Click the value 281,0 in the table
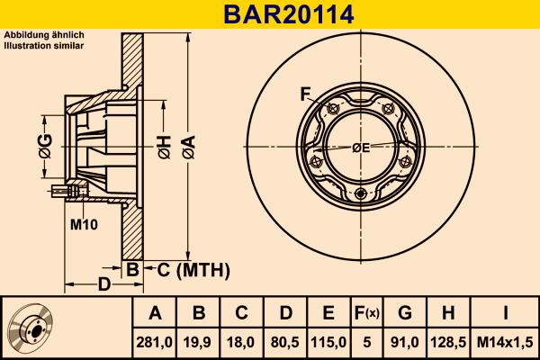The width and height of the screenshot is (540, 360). pos(155,342)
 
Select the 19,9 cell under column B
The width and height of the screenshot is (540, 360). pos(199,342)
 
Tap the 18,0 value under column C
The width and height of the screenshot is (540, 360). pos(242,342)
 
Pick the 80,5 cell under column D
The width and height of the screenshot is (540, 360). pos(285,342)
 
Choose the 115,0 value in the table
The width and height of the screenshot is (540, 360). pos(328,342)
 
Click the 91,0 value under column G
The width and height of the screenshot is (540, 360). pos(405,342)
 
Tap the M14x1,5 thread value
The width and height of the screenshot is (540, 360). pos(505,342)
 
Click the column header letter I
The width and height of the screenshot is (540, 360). pos(505,313)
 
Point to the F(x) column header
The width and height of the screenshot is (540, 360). pos(366,313)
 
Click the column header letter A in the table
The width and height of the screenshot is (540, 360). pos(155,313)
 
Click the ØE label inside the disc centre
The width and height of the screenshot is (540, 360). pos(361,147)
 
